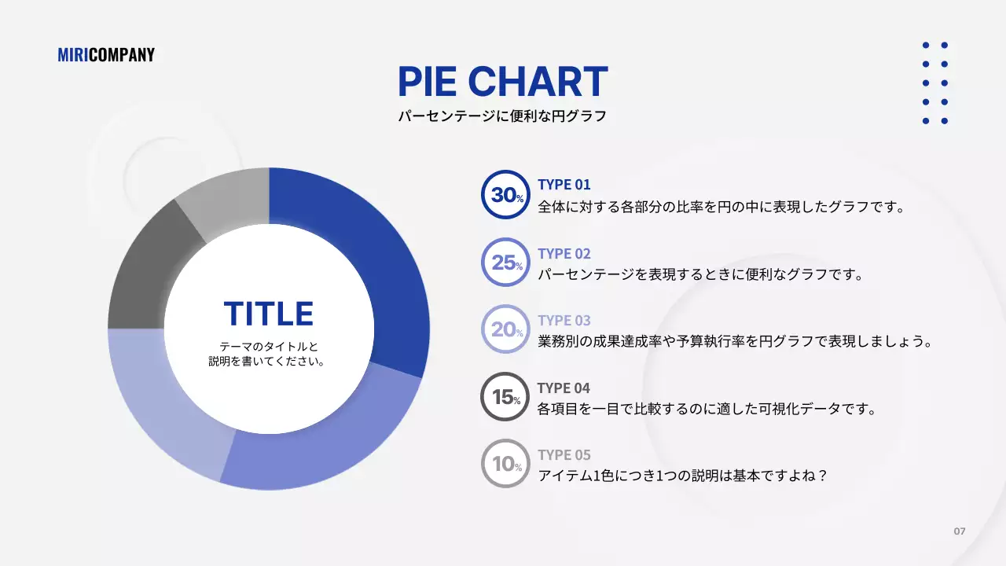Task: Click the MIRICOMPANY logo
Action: pos(106,55)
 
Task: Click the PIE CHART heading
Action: pos(502,82)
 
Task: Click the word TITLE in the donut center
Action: pos(269,314)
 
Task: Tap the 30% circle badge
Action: pos(505,195)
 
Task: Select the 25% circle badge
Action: pos(505,263)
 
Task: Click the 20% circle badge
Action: pos(505,329)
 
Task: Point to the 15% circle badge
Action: pos(505,397)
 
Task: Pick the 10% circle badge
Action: pos(505,464)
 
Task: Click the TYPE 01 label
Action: pos(564,185)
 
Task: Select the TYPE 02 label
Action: pos(564,254)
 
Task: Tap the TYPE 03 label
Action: pos(564,321)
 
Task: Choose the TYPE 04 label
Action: pos(564,388)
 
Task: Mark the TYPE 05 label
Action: pos(564,455)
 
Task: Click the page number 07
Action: pos(960,531)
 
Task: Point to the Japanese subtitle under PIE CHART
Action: pos(502,116)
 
